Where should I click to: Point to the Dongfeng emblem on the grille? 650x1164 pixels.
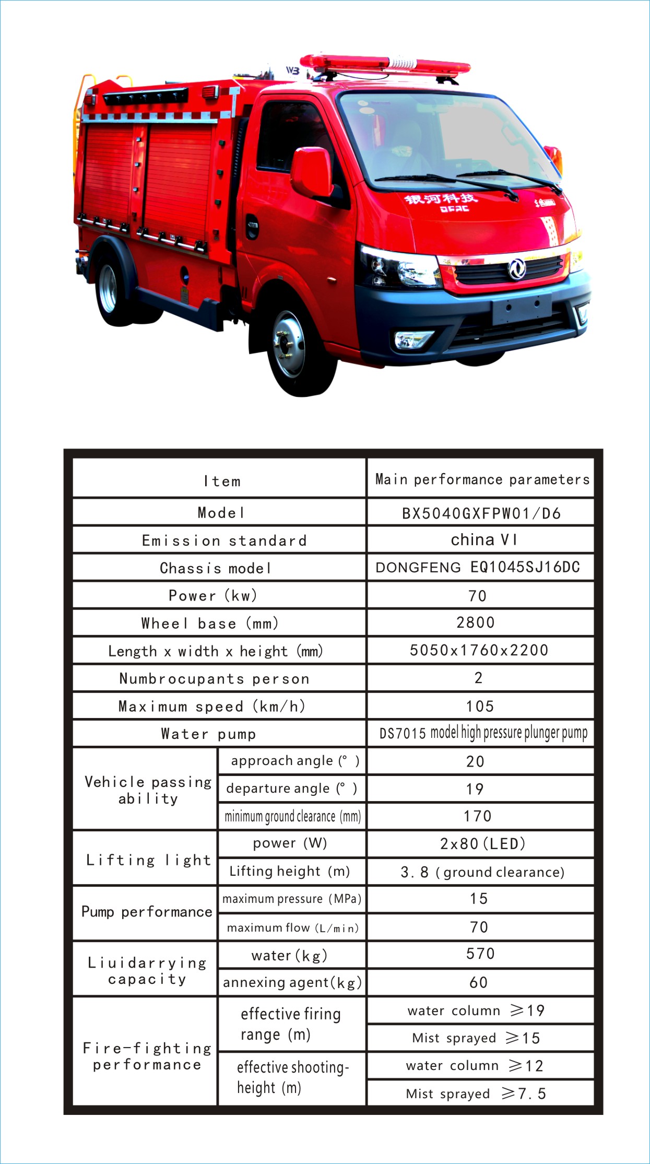pyautogui.click(x=516, y=269)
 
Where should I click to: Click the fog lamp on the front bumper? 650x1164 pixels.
pyautogui.click(x=413, y=340)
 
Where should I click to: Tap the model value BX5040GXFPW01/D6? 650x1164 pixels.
pyautogui.click(x=481, y=513)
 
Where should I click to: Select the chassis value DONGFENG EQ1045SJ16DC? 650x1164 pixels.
pyautogui.click(x=478, y=568)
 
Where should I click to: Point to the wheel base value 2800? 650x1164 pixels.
pyautogui.click(x=475, y=622)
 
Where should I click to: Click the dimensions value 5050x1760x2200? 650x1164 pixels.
pyautogui.click(x=479, y=650)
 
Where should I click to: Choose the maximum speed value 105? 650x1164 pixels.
pyautogui.click(x=480, y=707)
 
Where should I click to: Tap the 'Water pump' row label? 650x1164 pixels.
pyautogui.click(x=208, y=734)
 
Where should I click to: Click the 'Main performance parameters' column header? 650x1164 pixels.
pyautogui.click(x=482, y=479)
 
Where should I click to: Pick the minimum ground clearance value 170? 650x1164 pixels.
pyautogui.click(x=478, y=816)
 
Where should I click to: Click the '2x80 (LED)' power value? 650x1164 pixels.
pyautogui.click(x=482, y=844)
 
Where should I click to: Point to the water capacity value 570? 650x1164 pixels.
pyautogui.click(x=480, y=954)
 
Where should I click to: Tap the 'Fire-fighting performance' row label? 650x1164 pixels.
pyautogui.click(x=147, y=1056)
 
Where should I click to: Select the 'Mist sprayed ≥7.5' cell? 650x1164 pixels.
pyautogui.click(x=476, y=1094)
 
